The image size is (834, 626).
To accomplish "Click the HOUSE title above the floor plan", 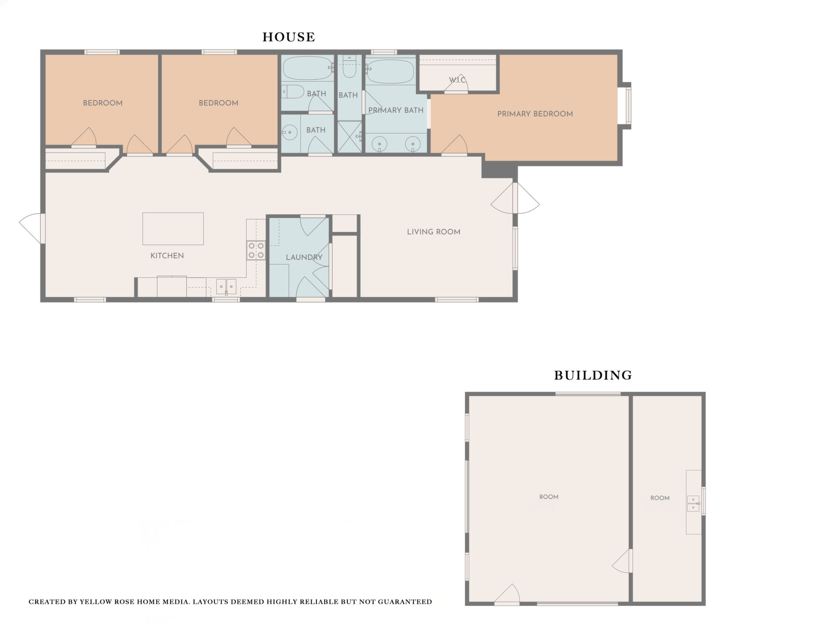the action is tap(289, 37).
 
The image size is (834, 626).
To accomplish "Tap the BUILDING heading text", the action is tap(593, 375).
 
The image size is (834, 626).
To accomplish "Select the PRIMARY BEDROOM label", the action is tap(535, 114).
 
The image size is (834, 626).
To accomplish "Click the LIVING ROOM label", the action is tap(434, 232).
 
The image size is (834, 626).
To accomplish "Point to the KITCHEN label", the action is tap(167, 256).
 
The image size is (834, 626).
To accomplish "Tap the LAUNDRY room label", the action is tap(304, 257).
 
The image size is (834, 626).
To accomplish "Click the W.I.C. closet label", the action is tap(457, 80).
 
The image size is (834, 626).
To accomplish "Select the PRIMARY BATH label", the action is tap(396, 110).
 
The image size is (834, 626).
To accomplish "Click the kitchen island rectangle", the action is tap(173, 229).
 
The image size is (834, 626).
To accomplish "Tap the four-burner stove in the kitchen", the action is tap(256, 250).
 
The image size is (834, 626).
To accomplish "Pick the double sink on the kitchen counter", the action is tap(226, 286).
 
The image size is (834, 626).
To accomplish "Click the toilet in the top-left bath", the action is tap(293, 92).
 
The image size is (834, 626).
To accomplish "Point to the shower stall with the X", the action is tap(350, 137).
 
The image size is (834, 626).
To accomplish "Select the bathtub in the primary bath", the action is tap(390, 72).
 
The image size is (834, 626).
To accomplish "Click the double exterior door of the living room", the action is tap(515, 198).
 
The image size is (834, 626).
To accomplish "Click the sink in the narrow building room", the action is tap(693, 503).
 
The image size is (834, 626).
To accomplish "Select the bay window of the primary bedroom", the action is tap(626, 106).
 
